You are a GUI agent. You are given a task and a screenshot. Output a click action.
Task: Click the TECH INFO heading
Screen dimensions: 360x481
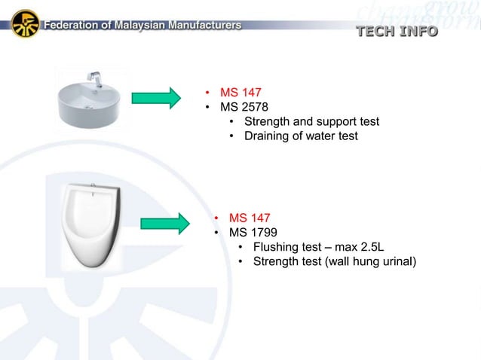pos(397,31)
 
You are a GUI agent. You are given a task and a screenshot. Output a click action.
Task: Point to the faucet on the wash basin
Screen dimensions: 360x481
pos(95,78)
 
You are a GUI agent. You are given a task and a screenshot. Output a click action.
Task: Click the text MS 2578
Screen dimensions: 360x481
pos(244,107)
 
